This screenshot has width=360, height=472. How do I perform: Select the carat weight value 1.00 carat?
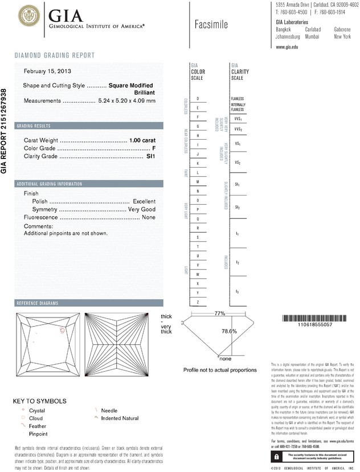pyautogui.click(x=142, y=140)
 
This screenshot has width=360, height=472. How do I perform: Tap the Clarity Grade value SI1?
pyautogui.click(x=151, y=156)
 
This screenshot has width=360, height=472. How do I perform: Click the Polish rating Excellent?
pyautogui.click(x=144, y=201)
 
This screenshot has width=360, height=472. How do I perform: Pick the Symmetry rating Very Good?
pyautogui.click(x=142, y=209)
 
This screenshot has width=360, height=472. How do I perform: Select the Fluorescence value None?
pyautogui.click(x=149, y=217)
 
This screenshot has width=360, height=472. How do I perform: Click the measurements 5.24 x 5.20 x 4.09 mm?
pyautogui.click(x=126, y=101)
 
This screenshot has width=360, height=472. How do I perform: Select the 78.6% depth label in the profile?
pyautogui.click(x=229, y=331)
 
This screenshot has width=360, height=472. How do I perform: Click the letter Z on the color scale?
pyautogui.click(x=197, y=302)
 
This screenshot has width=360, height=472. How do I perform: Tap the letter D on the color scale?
pyautogui.click(x=197, y=99)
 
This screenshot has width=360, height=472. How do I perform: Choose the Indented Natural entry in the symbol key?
pyautogui.click(x=119, y=418)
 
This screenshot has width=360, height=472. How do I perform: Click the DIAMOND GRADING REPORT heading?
pyautogui.click(x=54, y=55)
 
